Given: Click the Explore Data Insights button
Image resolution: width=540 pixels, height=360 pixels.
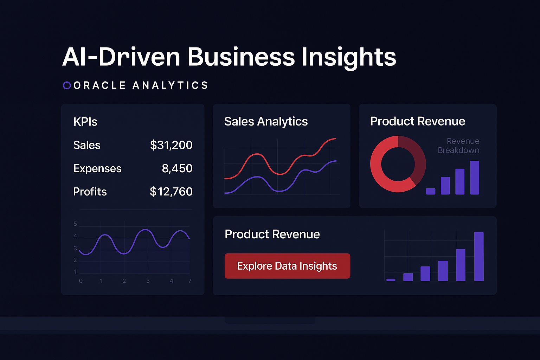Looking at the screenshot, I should tap(287, 266).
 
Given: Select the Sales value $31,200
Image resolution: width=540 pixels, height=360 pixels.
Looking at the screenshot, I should tap(171, 145).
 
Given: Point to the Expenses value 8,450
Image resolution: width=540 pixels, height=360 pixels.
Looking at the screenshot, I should tap(177, 168).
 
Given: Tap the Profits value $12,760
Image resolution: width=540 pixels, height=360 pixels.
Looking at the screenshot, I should tap(171, 192).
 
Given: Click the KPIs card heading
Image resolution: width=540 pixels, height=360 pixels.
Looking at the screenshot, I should tap(85, 122).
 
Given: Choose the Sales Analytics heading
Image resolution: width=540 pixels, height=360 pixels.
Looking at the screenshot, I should tap(266, 121).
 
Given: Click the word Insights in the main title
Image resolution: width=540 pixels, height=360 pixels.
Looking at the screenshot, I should tap(349, 57).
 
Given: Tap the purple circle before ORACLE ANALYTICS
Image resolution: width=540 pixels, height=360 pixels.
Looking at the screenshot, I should tap(67, 85).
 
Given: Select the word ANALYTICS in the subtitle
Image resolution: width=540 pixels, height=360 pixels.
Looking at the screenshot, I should tap(171, 85).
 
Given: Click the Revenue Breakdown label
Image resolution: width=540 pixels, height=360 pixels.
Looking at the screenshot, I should tap(459, 146).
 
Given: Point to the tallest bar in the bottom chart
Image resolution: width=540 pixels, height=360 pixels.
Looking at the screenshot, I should tap(479, 256).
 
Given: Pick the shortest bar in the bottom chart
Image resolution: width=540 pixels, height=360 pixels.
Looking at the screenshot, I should tap(391, 280).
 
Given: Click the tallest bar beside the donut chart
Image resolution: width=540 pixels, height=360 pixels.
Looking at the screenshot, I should tap(475, 178).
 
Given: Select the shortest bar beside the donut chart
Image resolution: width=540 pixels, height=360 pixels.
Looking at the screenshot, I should tap(431, 191).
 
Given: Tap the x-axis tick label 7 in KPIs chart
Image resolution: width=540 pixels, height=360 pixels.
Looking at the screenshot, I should tap(190, 281).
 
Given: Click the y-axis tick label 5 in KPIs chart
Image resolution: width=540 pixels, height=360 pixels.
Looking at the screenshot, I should tap(75, 224).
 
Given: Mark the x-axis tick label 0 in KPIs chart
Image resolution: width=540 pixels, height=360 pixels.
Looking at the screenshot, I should tap(81, 281).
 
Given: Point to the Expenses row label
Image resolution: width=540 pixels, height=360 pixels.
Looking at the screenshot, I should tap(97, 168).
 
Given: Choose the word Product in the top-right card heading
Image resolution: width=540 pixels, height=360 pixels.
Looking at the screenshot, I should tap(390, 121).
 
